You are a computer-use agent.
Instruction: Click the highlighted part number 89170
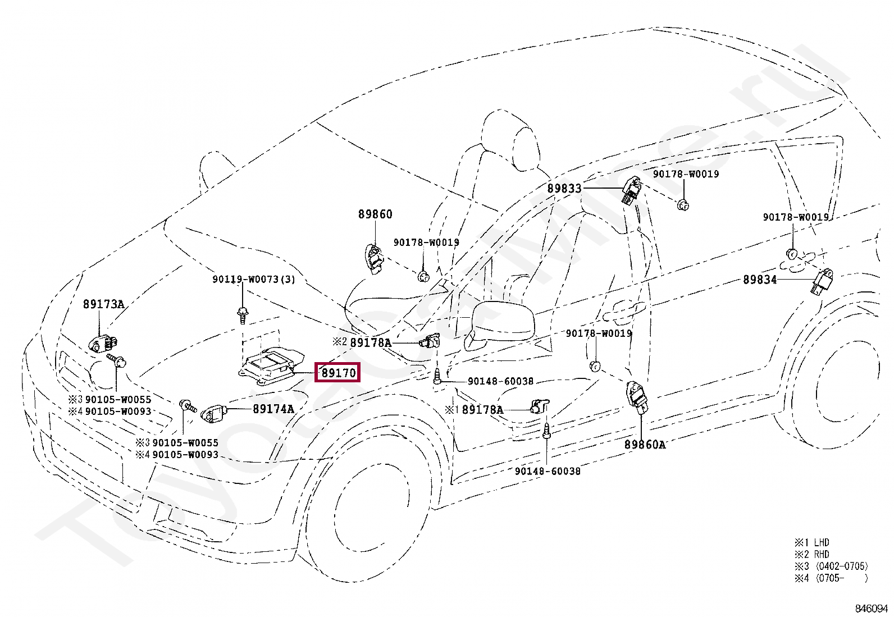point(337,372)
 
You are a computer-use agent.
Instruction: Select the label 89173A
point(103,304)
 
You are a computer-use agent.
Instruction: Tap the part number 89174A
point(273,409)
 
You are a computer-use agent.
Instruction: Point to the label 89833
point(564,189)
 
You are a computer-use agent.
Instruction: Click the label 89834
point(760,279)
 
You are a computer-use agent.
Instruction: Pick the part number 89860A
point(645,445)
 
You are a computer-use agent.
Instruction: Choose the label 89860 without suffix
point(375,214)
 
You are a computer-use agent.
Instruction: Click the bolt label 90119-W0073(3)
point(253,279)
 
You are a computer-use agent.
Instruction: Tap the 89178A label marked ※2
point(370,342)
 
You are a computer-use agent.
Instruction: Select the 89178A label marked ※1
point(482,410)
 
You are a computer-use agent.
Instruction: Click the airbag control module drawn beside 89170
point(270,366)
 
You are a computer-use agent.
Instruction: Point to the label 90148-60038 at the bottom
point(548,471)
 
